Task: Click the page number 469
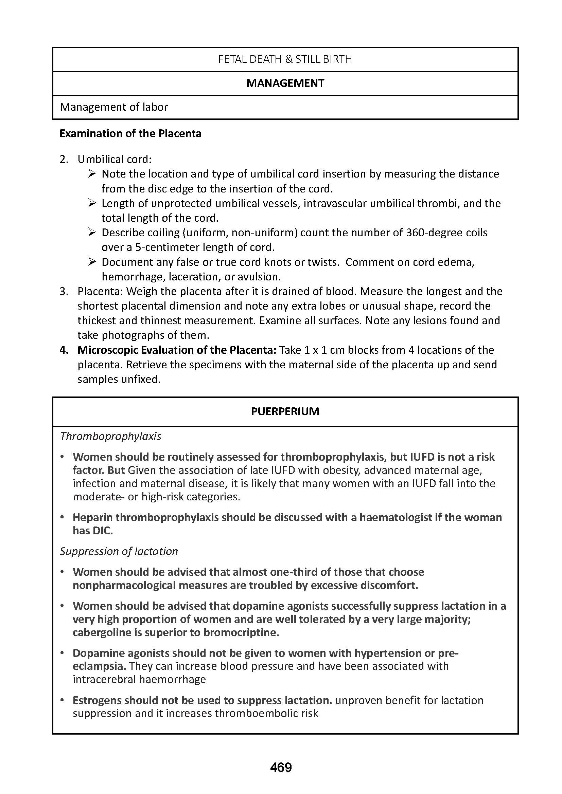[x=281, y=768]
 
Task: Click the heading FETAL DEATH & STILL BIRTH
[x=285, y=59]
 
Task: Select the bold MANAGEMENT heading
[x=285, y=84]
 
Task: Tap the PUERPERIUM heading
[x=285, y=411]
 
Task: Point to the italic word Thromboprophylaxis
[x=111, y=437]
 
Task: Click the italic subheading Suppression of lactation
[x=119, y=551]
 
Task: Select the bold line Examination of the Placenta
[x=130, y=133]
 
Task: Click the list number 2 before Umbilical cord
[x=64, y=160]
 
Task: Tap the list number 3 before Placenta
[x=64, y=292]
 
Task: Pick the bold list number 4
[x=64, y=350]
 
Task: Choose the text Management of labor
[x=114, y=107]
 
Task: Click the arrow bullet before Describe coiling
[x=92, y=233]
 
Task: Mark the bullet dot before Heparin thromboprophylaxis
[x=62, y=517]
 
